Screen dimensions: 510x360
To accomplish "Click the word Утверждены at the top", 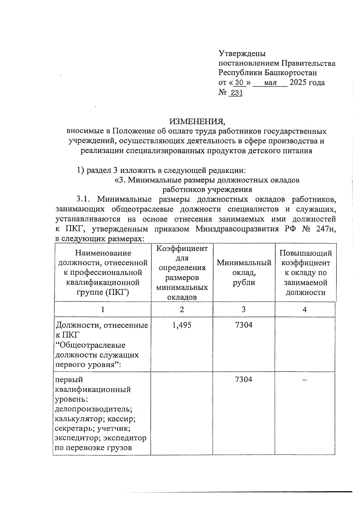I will pos(242,54).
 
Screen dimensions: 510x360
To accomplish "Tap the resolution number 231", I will pos(236,93).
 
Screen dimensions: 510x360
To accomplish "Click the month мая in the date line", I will pos(270,83).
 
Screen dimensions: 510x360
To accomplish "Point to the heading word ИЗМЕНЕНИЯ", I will pos(197,121).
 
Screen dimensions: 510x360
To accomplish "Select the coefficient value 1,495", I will pos(181,325).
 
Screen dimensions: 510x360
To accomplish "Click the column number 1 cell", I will pos(103,310).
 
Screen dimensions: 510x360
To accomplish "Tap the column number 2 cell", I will pos(182,310).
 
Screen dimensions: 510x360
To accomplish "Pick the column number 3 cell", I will pos(244,310).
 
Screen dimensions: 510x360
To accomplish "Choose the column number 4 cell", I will pos(305,310).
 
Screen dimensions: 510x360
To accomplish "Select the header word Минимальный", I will pos(244,263).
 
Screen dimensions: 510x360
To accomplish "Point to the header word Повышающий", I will pos(306,253).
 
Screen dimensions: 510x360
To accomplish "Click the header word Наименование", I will pos(103,253).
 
